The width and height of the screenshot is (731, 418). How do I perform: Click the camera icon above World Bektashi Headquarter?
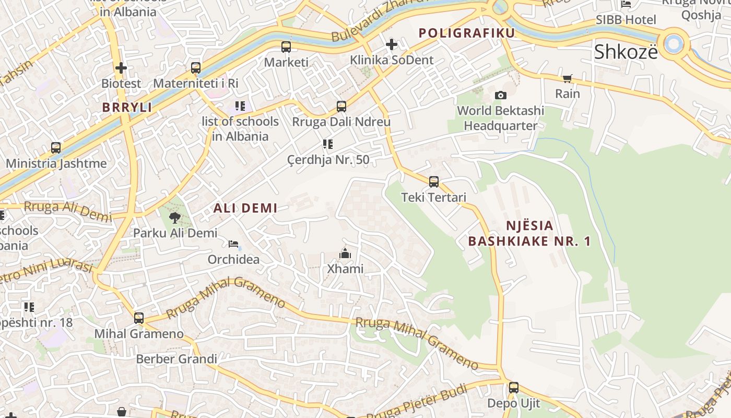(x=500, y=95)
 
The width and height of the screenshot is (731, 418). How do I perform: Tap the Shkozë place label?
(x=626, y=52)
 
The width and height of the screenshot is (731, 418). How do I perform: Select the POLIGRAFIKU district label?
(x=467, y=33)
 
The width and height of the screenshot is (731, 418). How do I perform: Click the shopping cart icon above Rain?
(x=568, y=78)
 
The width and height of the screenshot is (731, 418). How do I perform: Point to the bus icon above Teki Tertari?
(x=434, y=182)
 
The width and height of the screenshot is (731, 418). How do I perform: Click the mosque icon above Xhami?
(x=345, y=254)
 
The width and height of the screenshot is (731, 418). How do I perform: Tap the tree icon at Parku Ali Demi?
(x=175, y=217)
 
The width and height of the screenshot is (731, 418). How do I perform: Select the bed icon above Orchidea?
(x=233, y=244)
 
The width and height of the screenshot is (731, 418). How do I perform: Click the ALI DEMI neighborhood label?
(x=245, y=208)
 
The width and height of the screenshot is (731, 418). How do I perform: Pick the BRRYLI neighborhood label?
(x=127, y=108)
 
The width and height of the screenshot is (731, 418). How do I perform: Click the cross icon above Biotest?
(x=121, y=67)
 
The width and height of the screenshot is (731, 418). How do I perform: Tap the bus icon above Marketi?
(x=286, y=47)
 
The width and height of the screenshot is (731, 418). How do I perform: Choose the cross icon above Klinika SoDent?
(x=391, y=44)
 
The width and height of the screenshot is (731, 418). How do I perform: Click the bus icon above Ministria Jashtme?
(x=56, y=148)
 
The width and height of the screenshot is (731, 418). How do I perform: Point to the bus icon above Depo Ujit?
(x=514, y=388)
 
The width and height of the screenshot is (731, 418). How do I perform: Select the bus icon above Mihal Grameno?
(x=139, y=318)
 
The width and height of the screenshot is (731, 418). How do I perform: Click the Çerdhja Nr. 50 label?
(x=328, y=160)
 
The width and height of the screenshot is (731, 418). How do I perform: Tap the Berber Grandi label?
(x=176, y=359)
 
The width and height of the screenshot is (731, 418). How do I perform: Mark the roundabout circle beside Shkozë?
(x=674, y=43)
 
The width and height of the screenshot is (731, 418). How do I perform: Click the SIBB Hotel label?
(x=626, y=20)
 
